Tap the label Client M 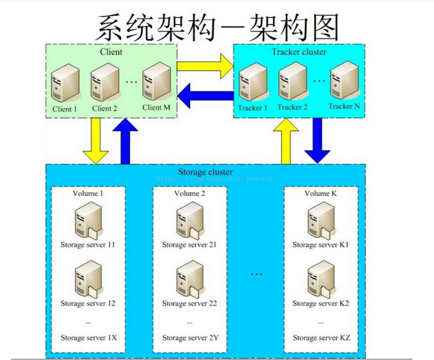pos(156,107)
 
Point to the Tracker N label pos(344,106)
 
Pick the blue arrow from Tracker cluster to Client pos(205,96)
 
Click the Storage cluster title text pos(205,172)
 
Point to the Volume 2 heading pos(190,194)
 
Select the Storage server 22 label pos(190,303)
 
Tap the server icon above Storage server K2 pos(320,280)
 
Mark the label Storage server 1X pos(89,337)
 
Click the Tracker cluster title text pos(299,52)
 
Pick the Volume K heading pos(321,194)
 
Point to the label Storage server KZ pos(321,337)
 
